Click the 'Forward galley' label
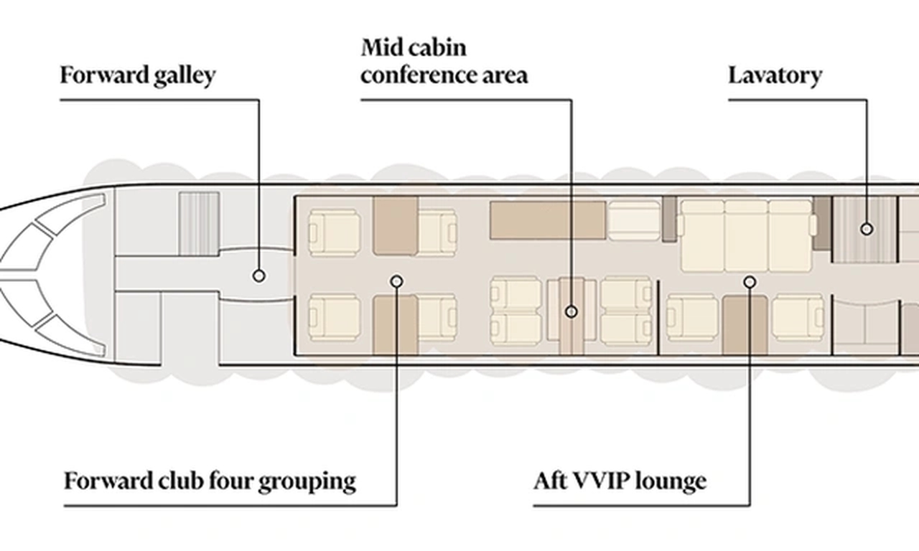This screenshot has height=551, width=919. [x=138, y=76]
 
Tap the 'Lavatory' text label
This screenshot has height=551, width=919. [x=775, y=76]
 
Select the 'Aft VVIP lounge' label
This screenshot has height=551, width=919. [x=620, y=481]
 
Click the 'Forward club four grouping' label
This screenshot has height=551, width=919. [x=210, y=481]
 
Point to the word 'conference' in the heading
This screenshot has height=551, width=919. [x=419, y=75]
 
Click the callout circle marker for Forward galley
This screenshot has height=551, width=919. [x=258, y=276]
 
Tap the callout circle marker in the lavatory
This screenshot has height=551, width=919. [x=867, y=229]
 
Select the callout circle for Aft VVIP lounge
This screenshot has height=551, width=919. [x=750, y=282]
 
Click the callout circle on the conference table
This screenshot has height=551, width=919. [x=571, y=312]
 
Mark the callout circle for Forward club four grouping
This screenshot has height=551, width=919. [x=396, y=281]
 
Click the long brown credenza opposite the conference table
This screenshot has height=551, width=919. [x=548, y=220]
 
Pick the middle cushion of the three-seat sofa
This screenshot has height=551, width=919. [x=746, y=236]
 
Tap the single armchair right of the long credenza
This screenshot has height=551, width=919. [x=634, y=220]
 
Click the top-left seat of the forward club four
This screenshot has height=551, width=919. [x=335, y=233]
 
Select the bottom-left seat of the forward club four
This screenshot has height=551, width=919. [x=335, y=317]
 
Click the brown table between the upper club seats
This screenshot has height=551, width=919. [x=396, y=226]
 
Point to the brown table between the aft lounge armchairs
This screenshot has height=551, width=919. [x=745, y=325]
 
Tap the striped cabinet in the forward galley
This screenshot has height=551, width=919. [x=199, y=224]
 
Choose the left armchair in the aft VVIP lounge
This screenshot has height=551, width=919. [x=692, y=317]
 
